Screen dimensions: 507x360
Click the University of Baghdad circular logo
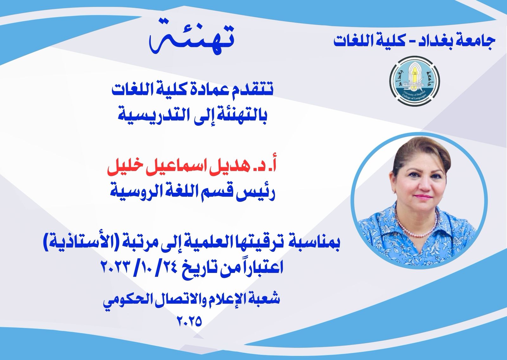(415, 81)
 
